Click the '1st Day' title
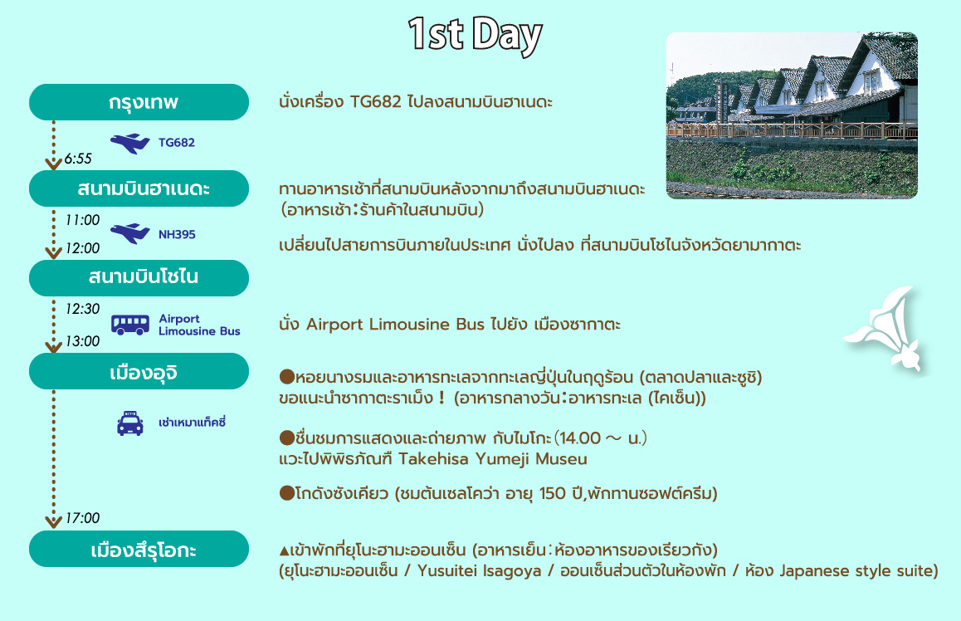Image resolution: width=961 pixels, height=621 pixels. [x=475, y=35]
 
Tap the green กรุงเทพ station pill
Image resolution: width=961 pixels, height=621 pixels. [x=139, y=102]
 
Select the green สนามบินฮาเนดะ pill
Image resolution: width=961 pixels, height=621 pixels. [x=139, y=188]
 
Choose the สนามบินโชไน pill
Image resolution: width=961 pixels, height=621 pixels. [x=139, y=277]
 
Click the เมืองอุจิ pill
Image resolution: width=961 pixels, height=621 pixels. [x=139, y=371]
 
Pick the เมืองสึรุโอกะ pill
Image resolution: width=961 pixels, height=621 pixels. [x=139, y=549]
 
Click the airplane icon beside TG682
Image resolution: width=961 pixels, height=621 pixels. [x=130, y=144]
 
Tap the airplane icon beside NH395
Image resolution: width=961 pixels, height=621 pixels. [x=130, y=233]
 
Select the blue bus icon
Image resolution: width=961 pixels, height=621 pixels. [x=130, y=325]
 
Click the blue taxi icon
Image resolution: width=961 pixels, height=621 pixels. [x=130, y=423]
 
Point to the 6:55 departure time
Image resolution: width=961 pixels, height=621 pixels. [x=78, y=159]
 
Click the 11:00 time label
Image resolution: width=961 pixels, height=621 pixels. [x=82, y=220]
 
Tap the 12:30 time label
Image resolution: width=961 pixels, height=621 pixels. [x=82, y=309]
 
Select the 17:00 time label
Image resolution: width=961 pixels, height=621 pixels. [x=82, y=518]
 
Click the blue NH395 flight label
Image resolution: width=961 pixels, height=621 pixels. [x=177, y=234]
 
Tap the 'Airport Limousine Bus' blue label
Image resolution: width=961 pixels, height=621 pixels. [x=199, y=325]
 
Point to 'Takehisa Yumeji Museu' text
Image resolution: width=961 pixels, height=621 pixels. [x=493, y=459]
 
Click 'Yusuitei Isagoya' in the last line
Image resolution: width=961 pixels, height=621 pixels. [x=480, y=570]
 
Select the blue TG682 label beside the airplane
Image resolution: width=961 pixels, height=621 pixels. [x=177, y=142]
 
